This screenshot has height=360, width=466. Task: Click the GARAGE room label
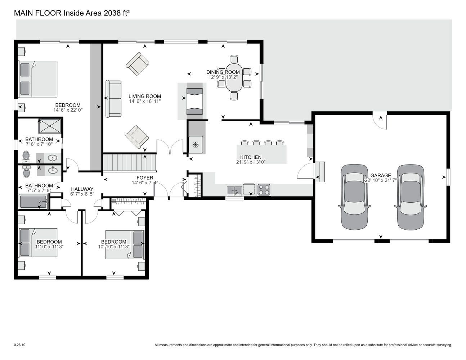[381, 175]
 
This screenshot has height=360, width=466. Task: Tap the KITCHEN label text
[251, 157]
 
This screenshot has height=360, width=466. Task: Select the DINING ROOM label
[223, 72]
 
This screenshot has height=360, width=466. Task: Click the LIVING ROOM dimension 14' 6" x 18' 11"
[145, 102]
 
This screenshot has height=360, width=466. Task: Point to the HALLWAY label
[82, 189]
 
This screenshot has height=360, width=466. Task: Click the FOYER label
[145, 177]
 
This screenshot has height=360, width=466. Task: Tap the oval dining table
[234, 77]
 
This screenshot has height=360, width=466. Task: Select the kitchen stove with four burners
[264, 189]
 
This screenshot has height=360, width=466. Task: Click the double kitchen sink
[234, 190]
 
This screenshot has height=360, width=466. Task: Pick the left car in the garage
[354, 197]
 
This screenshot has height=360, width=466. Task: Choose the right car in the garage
[411, 197]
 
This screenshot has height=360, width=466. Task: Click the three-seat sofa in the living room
[114, 99]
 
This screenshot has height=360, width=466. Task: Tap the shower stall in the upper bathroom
[50, 126]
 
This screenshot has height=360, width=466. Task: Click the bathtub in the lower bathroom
[33, 202]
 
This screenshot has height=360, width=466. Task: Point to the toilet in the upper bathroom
[26, 157]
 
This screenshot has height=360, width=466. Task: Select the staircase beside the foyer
[130, 163]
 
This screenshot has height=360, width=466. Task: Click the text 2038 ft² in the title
[117, 13]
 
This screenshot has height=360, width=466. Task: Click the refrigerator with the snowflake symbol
[196, 145]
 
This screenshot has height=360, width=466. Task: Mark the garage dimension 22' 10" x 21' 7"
[381, 180]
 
